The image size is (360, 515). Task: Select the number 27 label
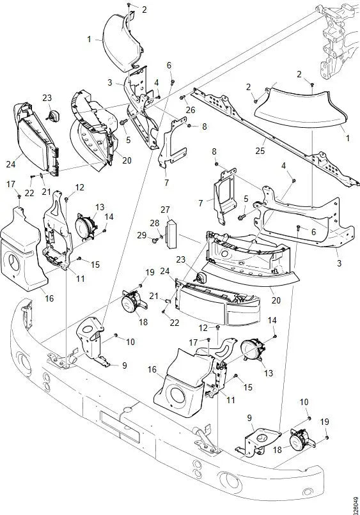165,210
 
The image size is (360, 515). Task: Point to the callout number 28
154,223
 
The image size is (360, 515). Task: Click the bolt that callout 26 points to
182,98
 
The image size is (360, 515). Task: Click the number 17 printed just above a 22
12,185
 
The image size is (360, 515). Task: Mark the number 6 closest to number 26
169,65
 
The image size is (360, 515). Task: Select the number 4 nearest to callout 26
157,83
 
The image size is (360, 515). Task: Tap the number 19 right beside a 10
325,422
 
